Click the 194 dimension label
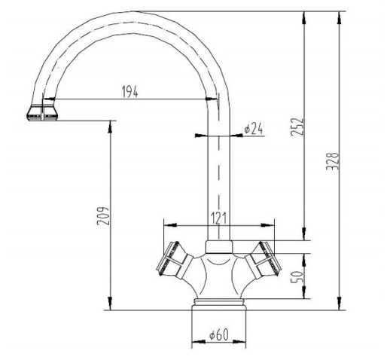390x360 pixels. click(130, 91)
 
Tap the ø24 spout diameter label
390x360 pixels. click(253, 129)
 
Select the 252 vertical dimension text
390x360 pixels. click(297, 127)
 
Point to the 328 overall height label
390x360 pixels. click(333, 161)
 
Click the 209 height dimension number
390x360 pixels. click(103, 216)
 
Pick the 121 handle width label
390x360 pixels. click(218, 218)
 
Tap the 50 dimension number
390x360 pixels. click(297, 276)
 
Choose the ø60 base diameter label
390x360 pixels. click(219, 334)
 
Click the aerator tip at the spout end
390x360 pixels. click(42, 112)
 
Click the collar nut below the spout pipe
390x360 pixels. click(219, 247)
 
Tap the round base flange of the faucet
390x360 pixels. click(219, 304)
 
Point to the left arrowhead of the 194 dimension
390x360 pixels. click(49, 99)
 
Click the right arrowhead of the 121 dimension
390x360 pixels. click(267, 225)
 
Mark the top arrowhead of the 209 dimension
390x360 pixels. click(110, 127)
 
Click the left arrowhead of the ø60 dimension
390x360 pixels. click(198, 341)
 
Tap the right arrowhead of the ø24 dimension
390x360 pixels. click(236, 136)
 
